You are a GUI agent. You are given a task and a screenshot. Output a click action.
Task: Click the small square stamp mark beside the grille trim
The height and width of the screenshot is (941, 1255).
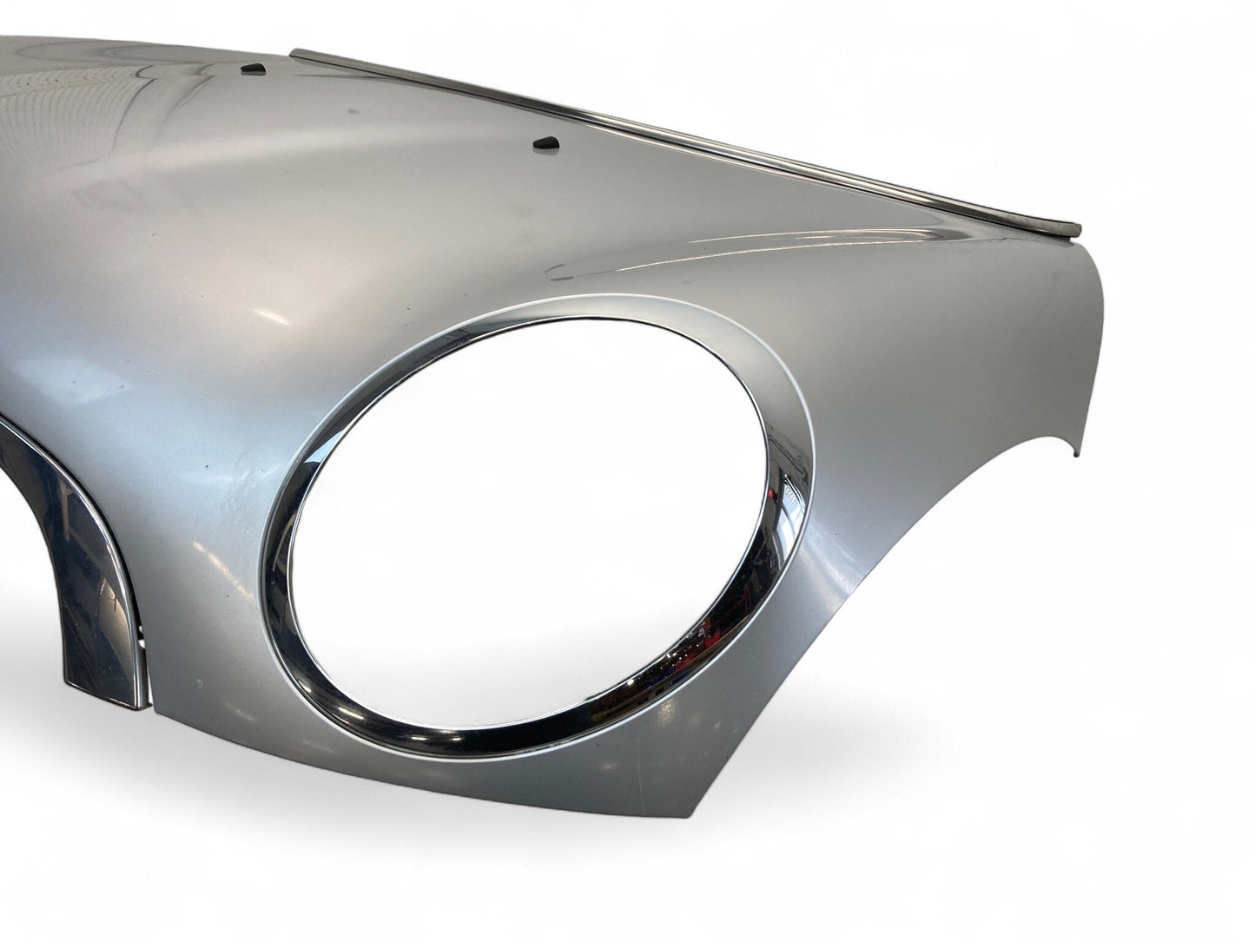(x=201, y=684)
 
